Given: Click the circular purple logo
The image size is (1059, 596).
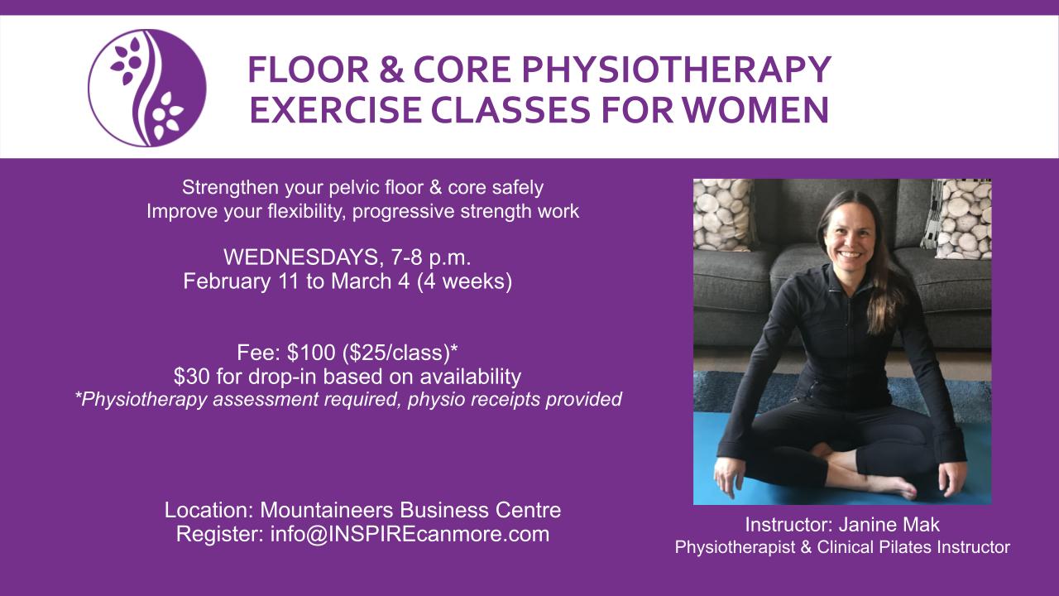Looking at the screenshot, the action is click(147, 88).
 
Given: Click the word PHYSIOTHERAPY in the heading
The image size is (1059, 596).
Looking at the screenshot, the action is click(676, 70).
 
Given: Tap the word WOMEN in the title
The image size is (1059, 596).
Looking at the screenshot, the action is click(755, 109).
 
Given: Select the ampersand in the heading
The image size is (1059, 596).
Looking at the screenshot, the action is click(391, 70).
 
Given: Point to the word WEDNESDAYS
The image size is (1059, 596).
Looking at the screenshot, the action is click(300, 257).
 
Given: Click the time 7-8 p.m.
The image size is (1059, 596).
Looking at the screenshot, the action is click(431, 257).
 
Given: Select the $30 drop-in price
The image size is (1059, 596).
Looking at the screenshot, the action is click(192, 377).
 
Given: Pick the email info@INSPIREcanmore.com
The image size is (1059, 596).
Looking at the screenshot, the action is click(410, 534).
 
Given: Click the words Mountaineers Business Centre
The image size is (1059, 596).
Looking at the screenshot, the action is click(410, 510).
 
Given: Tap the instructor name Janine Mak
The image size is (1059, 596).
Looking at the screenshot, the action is click(889, 525).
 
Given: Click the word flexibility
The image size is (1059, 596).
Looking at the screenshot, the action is click(307, 211).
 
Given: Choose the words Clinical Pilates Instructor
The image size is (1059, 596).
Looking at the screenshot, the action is click(913, 547).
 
